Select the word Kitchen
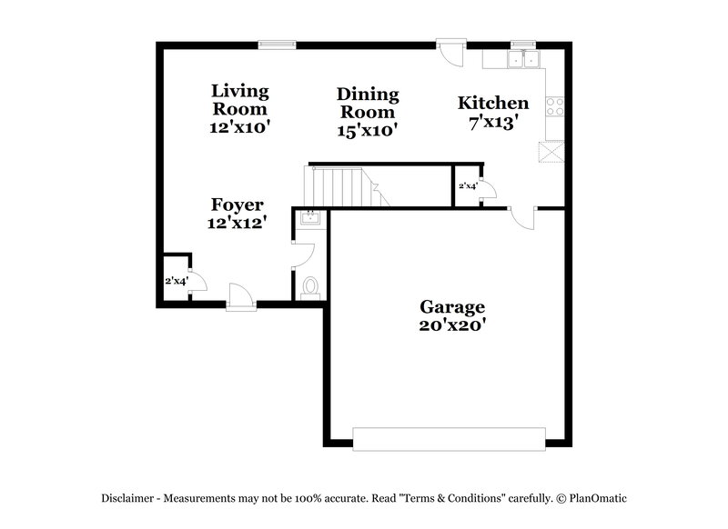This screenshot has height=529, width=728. click(x=492, y=103)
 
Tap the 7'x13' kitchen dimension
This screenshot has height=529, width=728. click(x=492, y=122)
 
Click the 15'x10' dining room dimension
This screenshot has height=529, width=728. click(x=368, y=129)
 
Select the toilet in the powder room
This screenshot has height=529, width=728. click(x=310, y=288)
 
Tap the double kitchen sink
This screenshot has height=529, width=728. click(x=524, y=60)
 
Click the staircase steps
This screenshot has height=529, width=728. click(x=341, y=185)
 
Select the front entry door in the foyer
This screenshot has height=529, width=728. click(x=240, y=296)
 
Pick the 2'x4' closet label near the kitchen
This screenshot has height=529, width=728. click(x=467, y=185)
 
